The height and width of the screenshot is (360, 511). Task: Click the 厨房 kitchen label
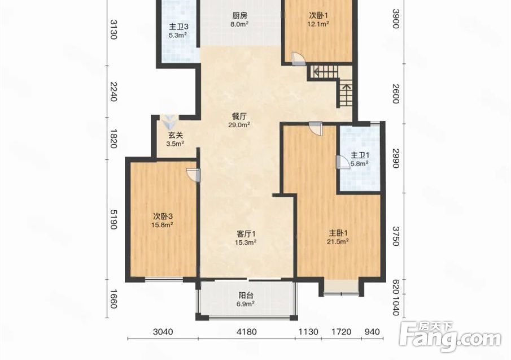tap(239, 15)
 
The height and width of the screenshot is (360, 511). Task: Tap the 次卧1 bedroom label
tap(318, 15)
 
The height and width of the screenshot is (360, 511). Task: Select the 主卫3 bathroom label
tap(178, 27)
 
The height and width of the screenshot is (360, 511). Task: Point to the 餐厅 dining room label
tap(239, 116)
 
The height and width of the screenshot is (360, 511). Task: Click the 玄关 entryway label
tap(176, 135)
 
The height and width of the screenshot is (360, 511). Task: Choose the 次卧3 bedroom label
tap(162, 216)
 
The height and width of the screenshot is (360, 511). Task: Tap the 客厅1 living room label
tap(246, 234)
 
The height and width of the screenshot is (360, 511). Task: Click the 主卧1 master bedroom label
tap(338, 233)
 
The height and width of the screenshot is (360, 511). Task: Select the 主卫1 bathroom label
tap(360, 155)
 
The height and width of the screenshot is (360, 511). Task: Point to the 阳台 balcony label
tap(246, 296)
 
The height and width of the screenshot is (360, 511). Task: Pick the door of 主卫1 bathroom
tap(343, 162)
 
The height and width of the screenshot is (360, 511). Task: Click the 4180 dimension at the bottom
tap(247, 332)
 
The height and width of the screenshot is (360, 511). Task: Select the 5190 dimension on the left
tap(113, 219)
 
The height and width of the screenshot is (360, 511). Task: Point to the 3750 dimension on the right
tap(395, 236)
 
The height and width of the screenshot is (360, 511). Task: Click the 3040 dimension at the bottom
tap(163, 332)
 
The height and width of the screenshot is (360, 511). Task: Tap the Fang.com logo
tap(450, 337)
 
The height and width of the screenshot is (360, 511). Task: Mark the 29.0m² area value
tap(239, 124)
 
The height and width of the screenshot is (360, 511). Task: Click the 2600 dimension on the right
tap(395, 94)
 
